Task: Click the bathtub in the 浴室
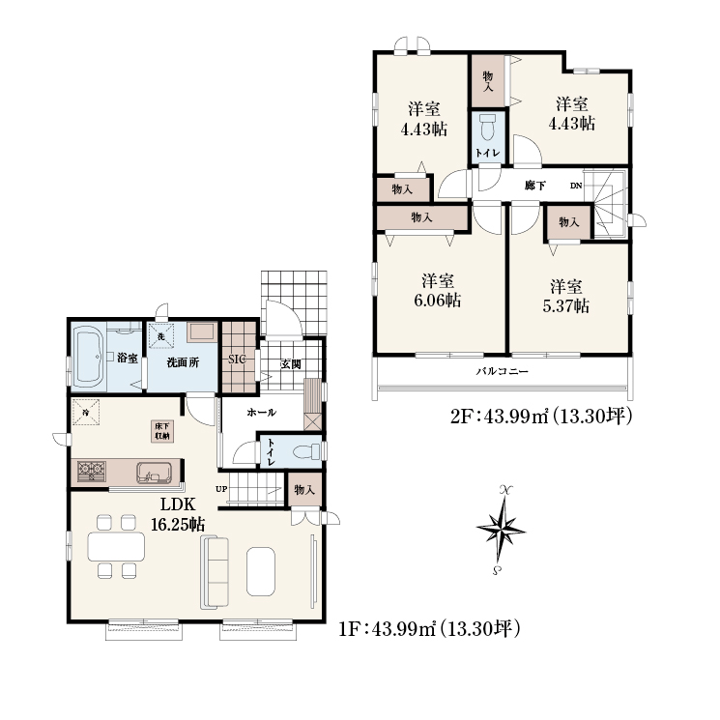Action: pyautogui.click(x=89, y=357)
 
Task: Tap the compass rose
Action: pyautogui.click(x=501, y=529)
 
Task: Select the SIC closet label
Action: pyautogui.click(x=237, y=360)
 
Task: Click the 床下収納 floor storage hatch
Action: pyautogui.click(x=162, y=431)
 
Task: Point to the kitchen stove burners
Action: pyautogui.click(x=91, y=471)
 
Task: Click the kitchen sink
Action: pyautogui.click(x=154, y=473)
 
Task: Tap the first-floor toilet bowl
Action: pyautogui.click(x=308, y=451)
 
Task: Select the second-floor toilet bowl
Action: pyautogui.click(x=487, y=127)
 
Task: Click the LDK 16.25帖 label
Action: pyautogui.click(x=178, y=514)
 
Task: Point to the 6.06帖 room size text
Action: pyautogui.click(x=438, y=301)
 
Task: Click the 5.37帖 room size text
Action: pyautogui.click(x=565, y=305)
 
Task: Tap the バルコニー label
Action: pyautogui.click(x=502, y=371)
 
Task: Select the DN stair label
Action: pyautogui.click(x=576, y=186)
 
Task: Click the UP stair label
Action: pyautogui.click(x=221, y=489)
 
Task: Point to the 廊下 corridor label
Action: pyautogui.click(x=535, y=186)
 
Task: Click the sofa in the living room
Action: pyautogui.click(x=215, y=572)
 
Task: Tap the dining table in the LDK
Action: pyautogui.click(x=116, y=546)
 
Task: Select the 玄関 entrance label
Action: pyautogui.click(x=291, y=364)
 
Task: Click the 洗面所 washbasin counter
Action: pyautogui.click(x=201, y=332)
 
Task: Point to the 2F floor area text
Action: pyautogui.click(x=541, y=417)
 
